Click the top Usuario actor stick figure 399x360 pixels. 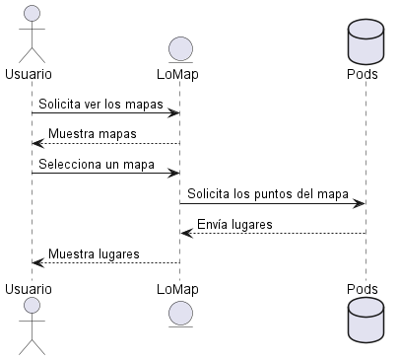(32, 32)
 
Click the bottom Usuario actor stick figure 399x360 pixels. (32, 325)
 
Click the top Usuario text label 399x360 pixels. (29, 74)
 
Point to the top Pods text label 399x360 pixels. (364, 74)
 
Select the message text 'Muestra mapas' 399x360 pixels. (93, 133)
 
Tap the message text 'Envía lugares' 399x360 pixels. (235, 224)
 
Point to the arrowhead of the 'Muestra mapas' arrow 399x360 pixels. (37, 144)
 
